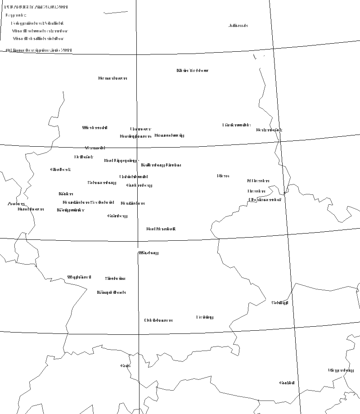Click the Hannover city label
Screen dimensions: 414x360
click(141, 129)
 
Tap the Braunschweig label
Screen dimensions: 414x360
click(169, 135)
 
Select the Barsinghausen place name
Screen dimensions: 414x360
click(135, 136)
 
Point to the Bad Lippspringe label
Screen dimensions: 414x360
click(121, 161)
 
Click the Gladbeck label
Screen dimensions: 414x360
click(60, 170)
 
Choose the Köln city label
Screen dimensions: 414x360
click(66, 194)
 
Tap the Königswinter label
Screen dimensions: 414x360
click(71, 210)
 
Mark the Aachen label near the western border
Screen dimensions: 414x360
click(16, 204)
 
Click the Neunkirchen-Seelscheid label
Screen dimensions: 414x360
click(88, 202)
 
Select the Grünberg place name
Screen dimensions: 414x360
click(117, 216)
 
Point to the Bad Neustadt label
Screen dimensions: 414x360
click(161, 229)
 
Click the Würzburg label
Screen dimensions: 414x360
click(148, 253)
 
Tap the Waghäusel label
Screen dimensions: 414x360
click(79, 277)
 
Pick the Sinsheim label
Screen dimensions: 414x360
click(115, 279)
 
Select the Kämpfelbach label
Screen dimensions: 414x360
click(111, 292)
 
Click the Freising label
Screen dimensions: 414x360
click(205, 317)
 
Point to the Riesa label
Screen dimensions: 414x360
click(223, 176)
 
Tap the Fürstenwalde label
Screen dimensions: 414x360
click(236, 125)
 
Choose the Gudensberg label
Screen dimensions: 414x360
click(139, 185)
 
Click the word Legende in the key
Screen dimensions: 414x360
click(16, 15)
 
